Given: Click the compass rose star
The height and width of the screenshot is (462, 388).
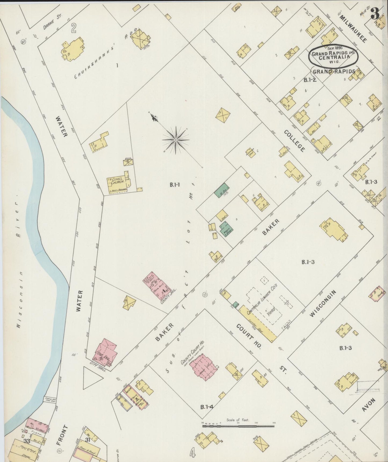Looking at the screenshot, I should click(x=176, y=140).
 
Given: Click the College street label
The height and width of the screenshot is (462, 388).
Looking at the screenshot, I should click(x=294, y=141).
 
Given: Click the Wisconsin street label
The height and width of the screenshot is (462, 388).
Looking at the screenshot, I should click(x=322, y=304).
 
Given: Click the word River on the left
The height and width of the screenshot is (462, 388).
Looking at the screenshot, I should click(x=18, y=220).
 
